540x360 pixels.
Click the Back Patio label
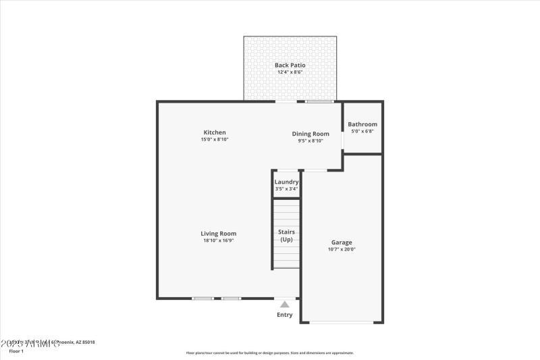tap(290, 66)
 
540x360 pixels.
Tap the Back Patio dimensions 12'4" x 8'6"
tap(290, 72)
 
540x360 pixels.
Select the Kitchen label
tap(215, 132)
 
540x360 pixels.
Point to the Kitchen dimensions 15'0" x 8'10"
tap(215, 140)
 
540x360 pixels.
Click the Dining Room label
tap(310, 134)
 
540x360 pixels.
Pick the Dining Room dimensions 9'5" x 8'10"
tap(310, 141)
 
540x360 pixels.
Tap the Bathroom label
tap(362, 124)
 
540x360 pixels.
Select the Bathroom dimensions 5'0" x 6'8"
tap(362, 131)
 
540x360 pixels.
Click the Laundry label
tap(286, 182)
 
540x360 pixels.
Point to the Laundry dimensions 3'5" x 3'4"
tap(286, 189)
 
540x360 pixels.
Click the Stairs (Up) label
tap(286, 236)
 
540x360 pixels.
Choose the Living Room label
tap(218, 234)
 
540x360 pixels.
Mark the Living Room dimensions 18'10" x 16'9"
tap(218, 240)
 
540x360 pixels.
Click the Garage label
tap(342, 242)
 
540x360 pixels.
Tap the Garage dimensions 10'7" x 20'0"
tap(342, 249)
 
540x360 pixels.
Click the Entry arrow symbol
tap(285, 305)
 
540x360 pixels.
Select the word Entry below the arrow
tap(285, 315)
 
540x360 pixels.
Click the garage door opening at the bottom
tap(342, 322)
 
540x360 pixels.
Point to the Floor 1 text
tap(16, 351)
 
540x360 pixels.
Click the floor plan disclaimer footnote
tap(270, 353)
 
